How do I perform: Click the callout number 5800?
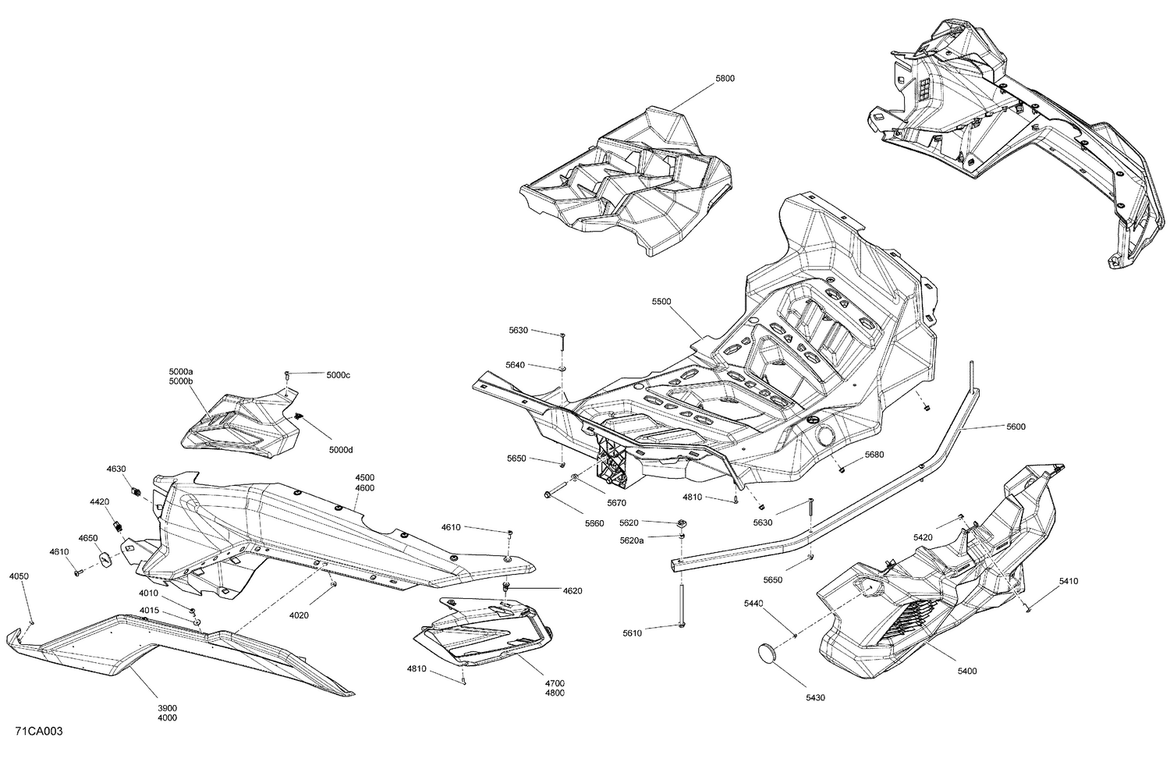[725, 79]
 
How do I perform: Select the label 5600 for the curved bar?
[1016, 427]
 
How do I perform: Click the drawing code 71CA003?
[38, 731]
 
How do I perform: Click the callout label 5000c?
[339, 375]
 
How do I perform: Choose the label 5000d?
[341, 450]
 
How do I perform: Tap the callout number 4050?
[19, 576]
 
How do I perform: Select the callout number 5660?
[594, 523]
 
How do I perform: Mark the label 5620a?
[632, 540]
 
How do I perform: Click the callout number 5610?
[632, 633]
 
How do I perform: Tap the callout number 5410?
[1069, 581]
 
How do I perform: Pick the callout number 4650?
[87, 538]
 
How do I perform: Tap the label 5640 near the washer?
[515, 365]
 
